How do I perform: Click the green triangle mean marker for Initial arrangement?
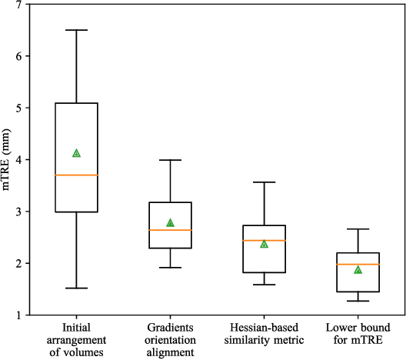point(76,153)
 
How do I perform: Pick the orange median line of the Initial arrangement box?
point(76,175)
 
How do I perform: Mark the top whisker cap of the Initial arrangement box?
point(76,30)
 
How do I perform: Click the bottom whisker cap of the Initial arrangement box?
point(76,288)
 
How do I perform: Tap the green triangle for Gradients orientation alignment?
point(170,223)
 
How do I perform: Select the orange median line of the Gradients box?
point(170,230)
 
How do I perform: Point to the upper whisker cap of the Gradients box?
point(170,160)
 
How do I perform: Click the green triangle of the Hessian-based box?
point(264,244)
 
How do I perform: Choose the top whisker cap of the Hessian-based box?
point(264,182)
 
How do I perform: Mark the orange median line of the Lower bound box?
point(358,265)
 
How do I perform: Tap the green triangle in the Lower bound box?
point(358,270)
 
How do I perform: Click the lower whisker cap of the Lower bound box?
point(358,301)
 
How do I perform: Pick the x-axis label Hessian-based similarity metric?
point(264,337)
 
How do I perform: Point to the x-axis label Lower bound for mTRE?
point(358,337)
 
